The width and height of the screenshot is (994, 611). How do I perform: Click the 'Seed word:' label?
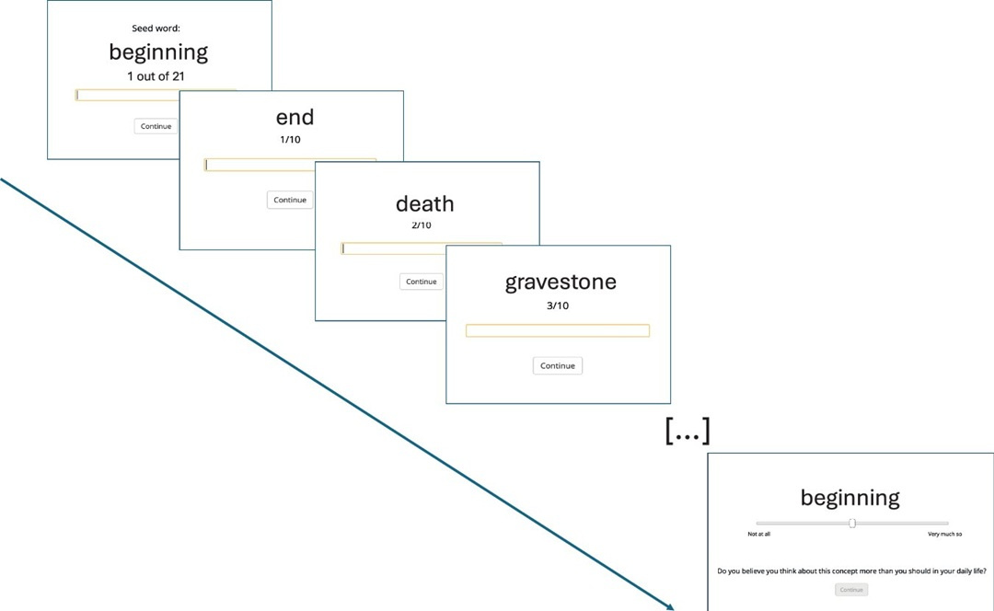pos(156,29)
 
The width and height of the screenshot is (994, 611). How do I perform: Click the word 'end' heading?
pos(295,117)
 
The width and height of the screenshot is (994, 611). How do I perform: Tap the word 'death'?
pos(424,203)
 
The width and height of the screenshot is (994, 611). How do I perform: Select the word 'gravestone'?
pos(561,282)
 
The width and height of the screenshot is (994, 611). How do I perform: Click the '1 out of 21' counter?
pos(156,76)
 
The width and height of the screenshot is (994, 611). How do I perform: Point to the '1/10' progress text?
pos(290,140)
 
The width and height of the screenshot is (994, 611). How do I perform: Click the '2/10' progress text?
pos(421,225)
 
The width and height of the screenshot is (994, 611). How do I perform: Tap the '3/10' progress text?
pos(557,305)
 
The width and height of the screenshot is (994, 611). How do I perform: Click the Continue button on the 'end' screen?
pos(290,200)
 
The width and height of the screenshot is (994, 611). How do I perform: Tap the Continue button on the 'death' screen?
pos(421,282)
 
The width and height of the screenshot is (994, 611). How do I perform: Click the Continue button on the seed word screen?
pos(156,126)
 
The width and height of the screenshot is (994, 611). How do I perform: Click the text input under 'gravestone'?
pos(557,330)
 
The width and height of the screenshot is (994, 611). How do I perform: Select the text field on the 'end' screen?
pos(290,165)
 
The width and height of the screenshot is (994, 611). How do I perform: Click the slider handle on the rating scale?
pos(852,523)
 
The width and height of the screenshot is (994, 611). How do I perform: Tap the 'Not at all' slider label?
pos(758,534)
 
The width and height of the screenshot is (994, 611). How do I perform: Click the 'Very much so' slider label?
pos(944,534)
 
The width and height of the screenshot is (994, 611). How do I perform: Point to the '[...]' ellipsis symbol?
pos(687,431)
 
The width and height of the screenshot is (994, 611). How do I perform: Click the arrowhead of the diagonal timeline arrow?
pos(670,606)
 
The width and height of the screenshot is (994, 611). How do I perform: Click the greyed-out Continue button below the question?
pos(851,590)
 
